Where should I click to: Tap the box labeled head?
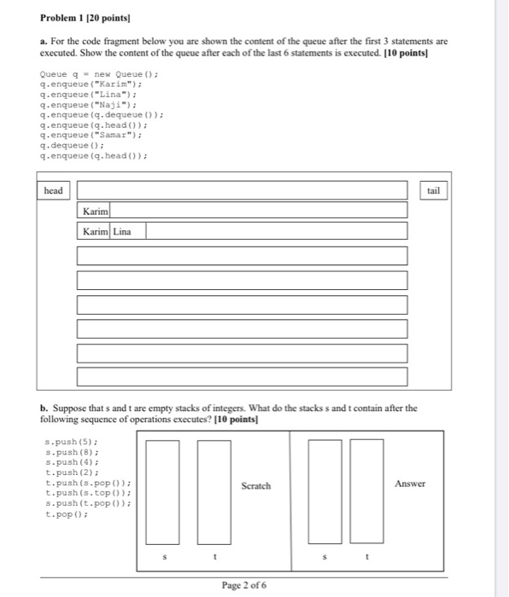(x=53, y=190)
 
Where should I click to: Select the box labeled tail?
(x=433, y=190)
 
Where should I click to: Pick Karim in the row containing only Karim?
(x=96, y=211)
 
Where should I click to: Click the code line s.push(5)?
(x=66, y=443)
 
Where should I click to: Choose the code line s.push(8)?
(x=66, y=452)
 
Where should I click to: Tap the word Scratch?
(x=255, y=486)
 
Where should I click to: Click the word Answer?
(x=410, y=484)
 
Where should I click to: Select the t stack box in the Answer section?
(x=366, y=491)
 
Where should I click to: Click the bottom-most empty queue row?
(x=242, y=376)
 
